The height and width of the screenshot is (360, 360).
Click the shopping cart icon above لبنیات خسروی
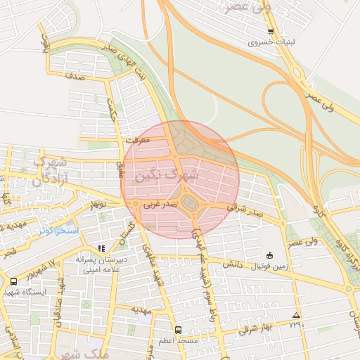pos(271,32)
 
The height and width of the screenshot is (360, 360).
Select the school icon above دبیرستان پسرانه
pos(101,248)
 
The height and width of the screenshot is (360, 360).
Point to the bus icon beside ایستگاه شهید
pos(13,281)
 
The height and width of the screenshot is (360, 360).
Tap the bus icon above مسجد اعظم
pos(178,328)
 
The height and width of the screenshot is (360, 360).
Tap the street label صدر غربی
pos(158,206)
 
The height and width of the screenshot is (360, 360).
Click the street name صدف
pos(75,76)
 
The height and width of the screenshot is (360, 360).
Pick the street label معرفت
pos(137,140)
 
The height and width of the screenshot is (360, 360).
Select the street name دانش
pos(233,264)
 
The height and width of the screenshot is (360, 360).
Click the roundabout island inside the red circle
pos(190,204)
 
